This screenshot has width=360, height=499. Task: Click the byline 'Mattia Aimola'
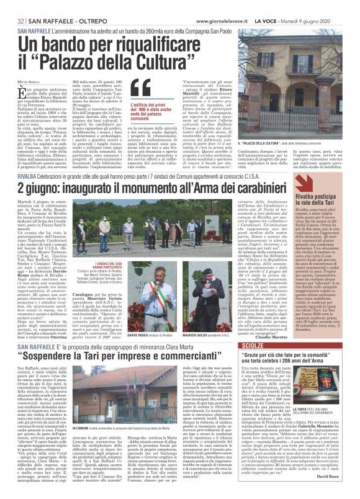tap(29, 81)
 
